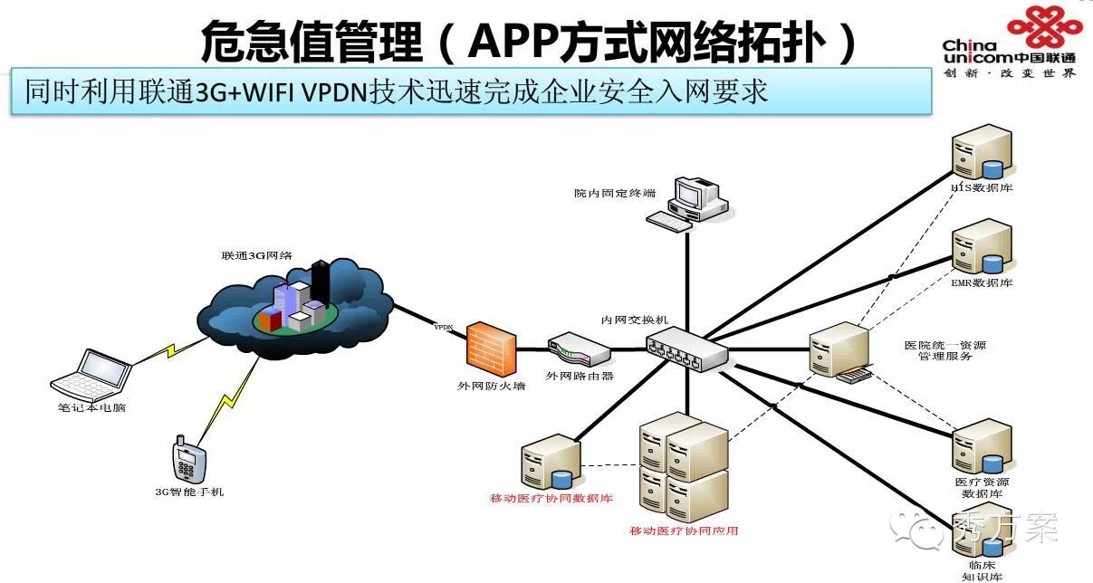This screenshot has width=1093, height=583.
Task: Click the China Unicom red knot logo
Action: (1045, 29)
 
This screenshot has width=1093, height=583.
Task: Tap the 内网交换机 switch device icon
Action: (686, 349)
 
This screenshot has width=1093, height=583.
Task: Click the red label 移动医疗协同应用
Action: (684, 530)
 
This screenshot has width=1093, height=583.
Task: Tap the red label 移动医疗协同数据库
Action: (551, 499)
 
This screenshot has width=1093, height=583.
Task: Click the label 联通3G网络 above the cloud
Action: (256, 256)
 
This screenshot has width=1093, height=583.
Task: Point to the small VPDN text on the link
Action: (444, 327)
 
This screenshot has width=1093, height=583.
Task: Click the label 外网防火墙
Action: (491, 387)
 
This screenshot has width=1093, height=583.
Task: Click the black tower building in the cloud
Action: (320, 280)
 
